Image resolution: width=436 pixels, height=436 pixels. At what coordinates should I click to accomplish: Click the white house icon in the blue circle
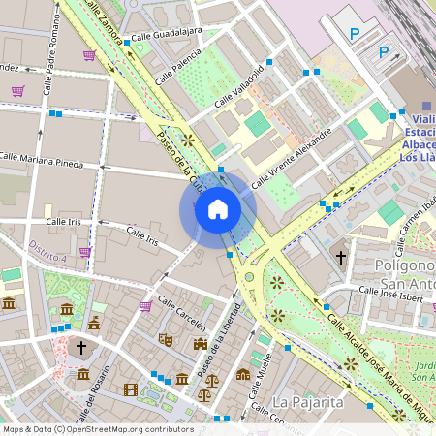[x=218, y=209]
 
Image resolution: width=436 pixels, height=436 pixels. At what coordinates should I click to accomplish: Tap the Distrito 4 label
[x=47, y=252]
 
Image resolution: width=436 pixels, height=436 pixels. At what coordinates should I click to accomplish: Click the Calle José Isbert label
[x=391, y=292]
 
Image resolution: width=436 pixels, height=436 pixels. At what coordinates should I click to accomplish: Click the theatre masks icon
[x=166, y=340]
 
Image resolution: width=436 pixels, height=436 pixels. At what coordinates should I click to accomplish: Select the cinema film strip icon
[x=131, y=390]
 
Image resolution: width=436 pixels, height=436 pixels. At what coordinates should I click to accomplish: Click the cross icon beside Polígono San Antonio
[x=340, y=258]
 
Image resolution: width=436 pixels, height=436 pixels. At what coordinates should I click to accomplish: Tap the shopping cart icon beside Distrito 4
[x=85, y=252]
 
